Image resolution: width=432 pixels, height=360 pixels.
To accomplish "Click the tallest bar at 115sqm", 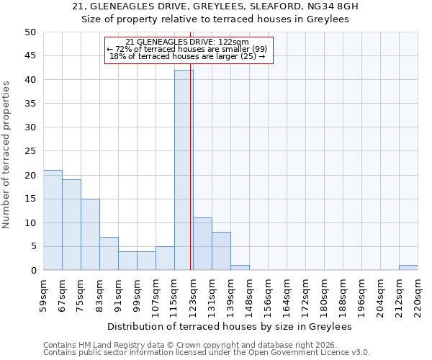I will pyautogui.click(x=184, y=170).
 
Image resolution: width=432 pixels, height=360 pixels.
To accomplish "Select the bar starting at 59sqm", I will pyautogui.click(x=53, y=220).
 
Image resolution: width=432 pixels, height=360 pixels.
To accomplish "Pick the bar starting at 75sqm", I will pyautogui.click(x=90, y=235).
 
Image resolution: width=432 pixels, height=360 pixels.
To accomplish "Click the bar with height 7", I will pyautogui.click(x=109, y=253).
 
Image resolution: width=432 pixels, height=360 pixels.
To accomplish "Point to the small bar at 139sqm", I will pyautogui.click(x=240, y=268).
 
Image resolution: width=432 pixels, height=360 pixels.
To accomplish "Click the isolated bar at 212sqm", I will pyautogui.click(x=408, y=268).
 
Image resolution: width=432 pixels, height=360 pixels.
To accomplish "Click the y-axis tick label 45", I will pyautogui.click(x=30, y=56).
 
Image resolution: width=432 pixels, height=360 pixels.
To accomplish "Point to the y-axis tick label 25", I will pyautogui.click(x=30, y=151).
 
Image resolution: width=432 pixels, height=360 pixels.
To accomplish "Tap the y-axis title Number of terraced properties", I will pyautogui.click(x=6, y=155).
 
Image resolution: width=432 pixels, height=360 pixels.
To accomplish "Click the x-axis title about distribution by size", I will pyautogui.click(x=230, y=326).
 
